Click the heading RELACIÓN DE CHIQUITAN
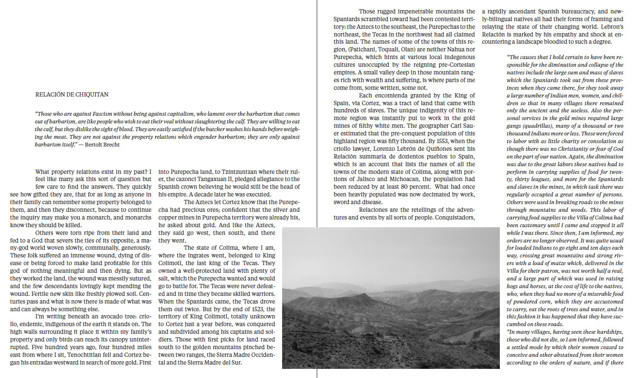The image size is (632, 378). (72, 95)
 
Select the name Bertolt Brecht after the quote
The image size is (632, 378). (102, 145)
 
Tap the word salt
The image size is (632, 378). (165, 279)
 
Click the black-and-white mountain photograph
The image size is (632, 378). (390, 298)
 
